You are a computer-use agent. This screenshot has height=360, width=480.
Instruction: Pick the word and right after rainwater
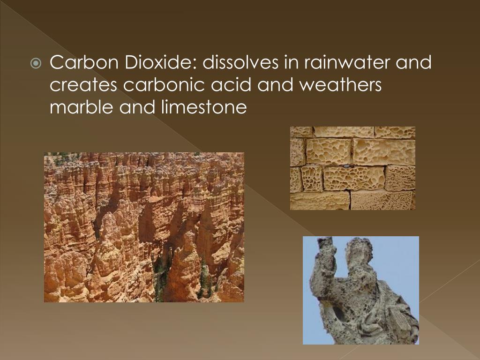tap(413, 62)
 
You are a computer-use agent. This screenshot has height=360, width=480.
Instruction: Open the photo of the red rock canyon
tap(144, 227)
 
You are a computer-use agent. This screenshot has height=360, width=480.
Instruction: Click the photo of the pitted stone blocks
tap(352, 168)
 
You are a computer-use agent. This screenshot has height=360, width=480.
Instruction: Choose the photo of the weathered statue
tap(360, 290)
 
